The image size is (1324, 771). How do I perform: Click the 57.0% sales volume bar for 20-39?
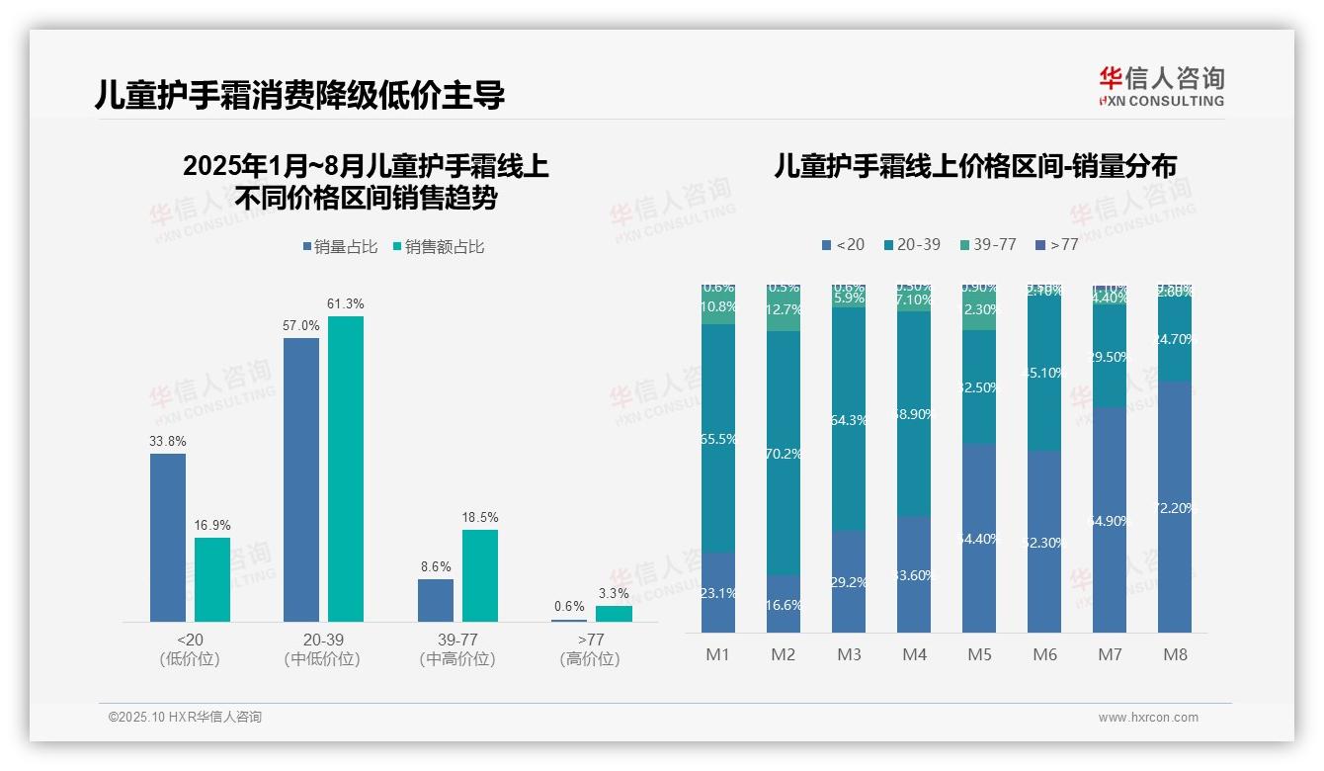tap(301, 479)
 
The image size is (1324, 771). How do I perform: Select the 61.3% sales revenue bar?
tap(346, 469)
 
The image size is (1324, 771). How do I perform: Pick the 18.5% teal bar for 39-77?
tap(480, 575)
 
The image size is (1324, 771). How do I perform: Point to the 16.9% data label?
tap(212, 525)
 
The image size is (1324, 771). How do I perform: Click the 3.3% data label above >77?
tap(614, 593)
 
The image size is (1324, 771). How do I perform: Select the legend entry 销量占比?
tap(340, 246)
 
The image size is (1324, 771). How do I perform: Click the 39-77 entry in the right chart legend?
tap(987, 244)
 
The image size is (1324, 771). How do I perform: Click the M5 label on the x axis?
tap(979, 654)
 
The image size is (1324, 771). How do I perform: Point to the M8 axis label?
tap(1175, 654)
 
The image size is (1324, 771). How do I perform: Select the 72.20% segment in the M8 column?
tap(1175, 507)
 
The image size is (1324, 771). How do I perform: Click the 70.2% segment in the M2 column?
tap(784, 453)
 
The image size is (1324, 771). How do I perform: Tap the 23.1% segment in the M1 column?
tap(718, 592)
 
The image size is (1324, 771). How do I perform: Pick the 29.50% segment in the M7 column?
tap(1110, 357)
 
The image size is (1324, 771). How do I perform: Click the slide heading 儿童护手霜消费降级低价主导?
tap(300, 95)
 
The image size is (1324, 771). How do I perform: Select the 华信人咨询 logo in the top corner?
tap(1161, 86)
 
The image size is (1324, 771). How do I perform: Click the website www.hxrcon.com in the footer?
tap(1147, 718)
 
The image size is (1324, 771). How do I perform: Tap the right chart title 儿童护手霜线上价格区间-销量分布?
tap(975, 167)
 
